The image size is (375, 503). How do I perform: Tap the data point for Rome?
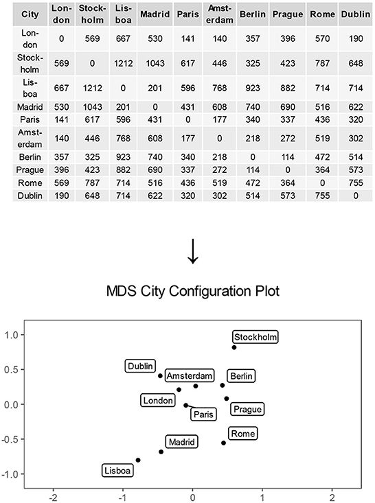pyautogui.click(x=223, y=443)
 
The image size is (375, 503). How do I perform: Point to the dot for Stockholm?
pyautogui.click(x=234, y=347)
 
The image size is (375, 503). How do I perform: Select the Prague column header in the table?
pyautogui.click(x=286, y=14)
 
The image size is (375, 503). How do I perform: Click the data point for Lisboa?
pyautogui.click(x=138, y=460)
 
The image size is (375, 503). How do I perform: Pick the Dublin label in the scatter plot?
pyautogui.click(x=141, y=366)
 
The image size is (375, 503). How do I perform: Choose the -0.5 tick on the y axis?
pyautogui.click(x=10, y=439)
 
